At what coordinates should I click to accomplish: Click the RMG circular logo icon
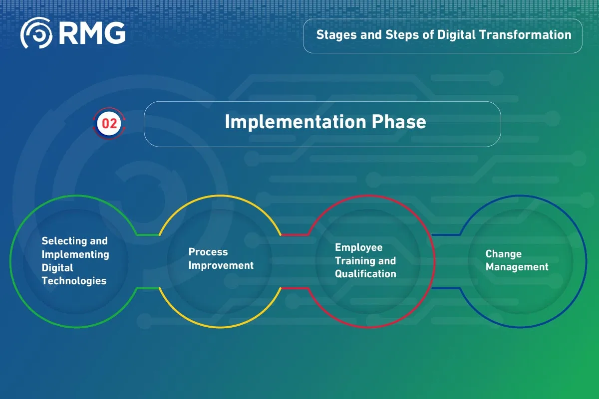coord(36,33)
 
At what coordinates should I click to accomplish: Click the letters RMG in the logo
coord(92,33)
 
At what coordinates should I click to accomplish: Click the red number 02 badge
coord(109,124)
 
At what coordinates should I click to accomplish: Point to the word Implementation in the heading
coord(296,122)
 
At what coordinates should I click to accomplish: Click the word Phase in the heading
coord(399,122)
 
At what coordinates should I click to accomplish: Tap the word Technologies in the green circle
coord(74,281)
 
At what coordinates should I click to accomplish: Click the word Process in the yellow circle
coord(208,252)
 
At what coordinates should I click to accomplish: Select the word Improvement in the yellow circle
coord(221,265)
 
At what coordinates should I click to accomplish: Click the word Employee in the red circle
coord(359,248)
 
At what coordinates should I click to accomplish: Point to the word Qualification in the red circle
coord(365,274)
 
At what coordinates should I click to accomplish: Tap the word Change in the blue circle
coord(504,254)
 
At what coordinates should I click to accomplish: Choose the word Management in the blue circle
coord(517,267)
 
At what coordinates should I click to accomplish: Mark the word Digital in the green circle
coord(57,268)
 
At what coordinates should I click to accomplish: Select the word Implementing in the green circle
coord(75,255)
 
